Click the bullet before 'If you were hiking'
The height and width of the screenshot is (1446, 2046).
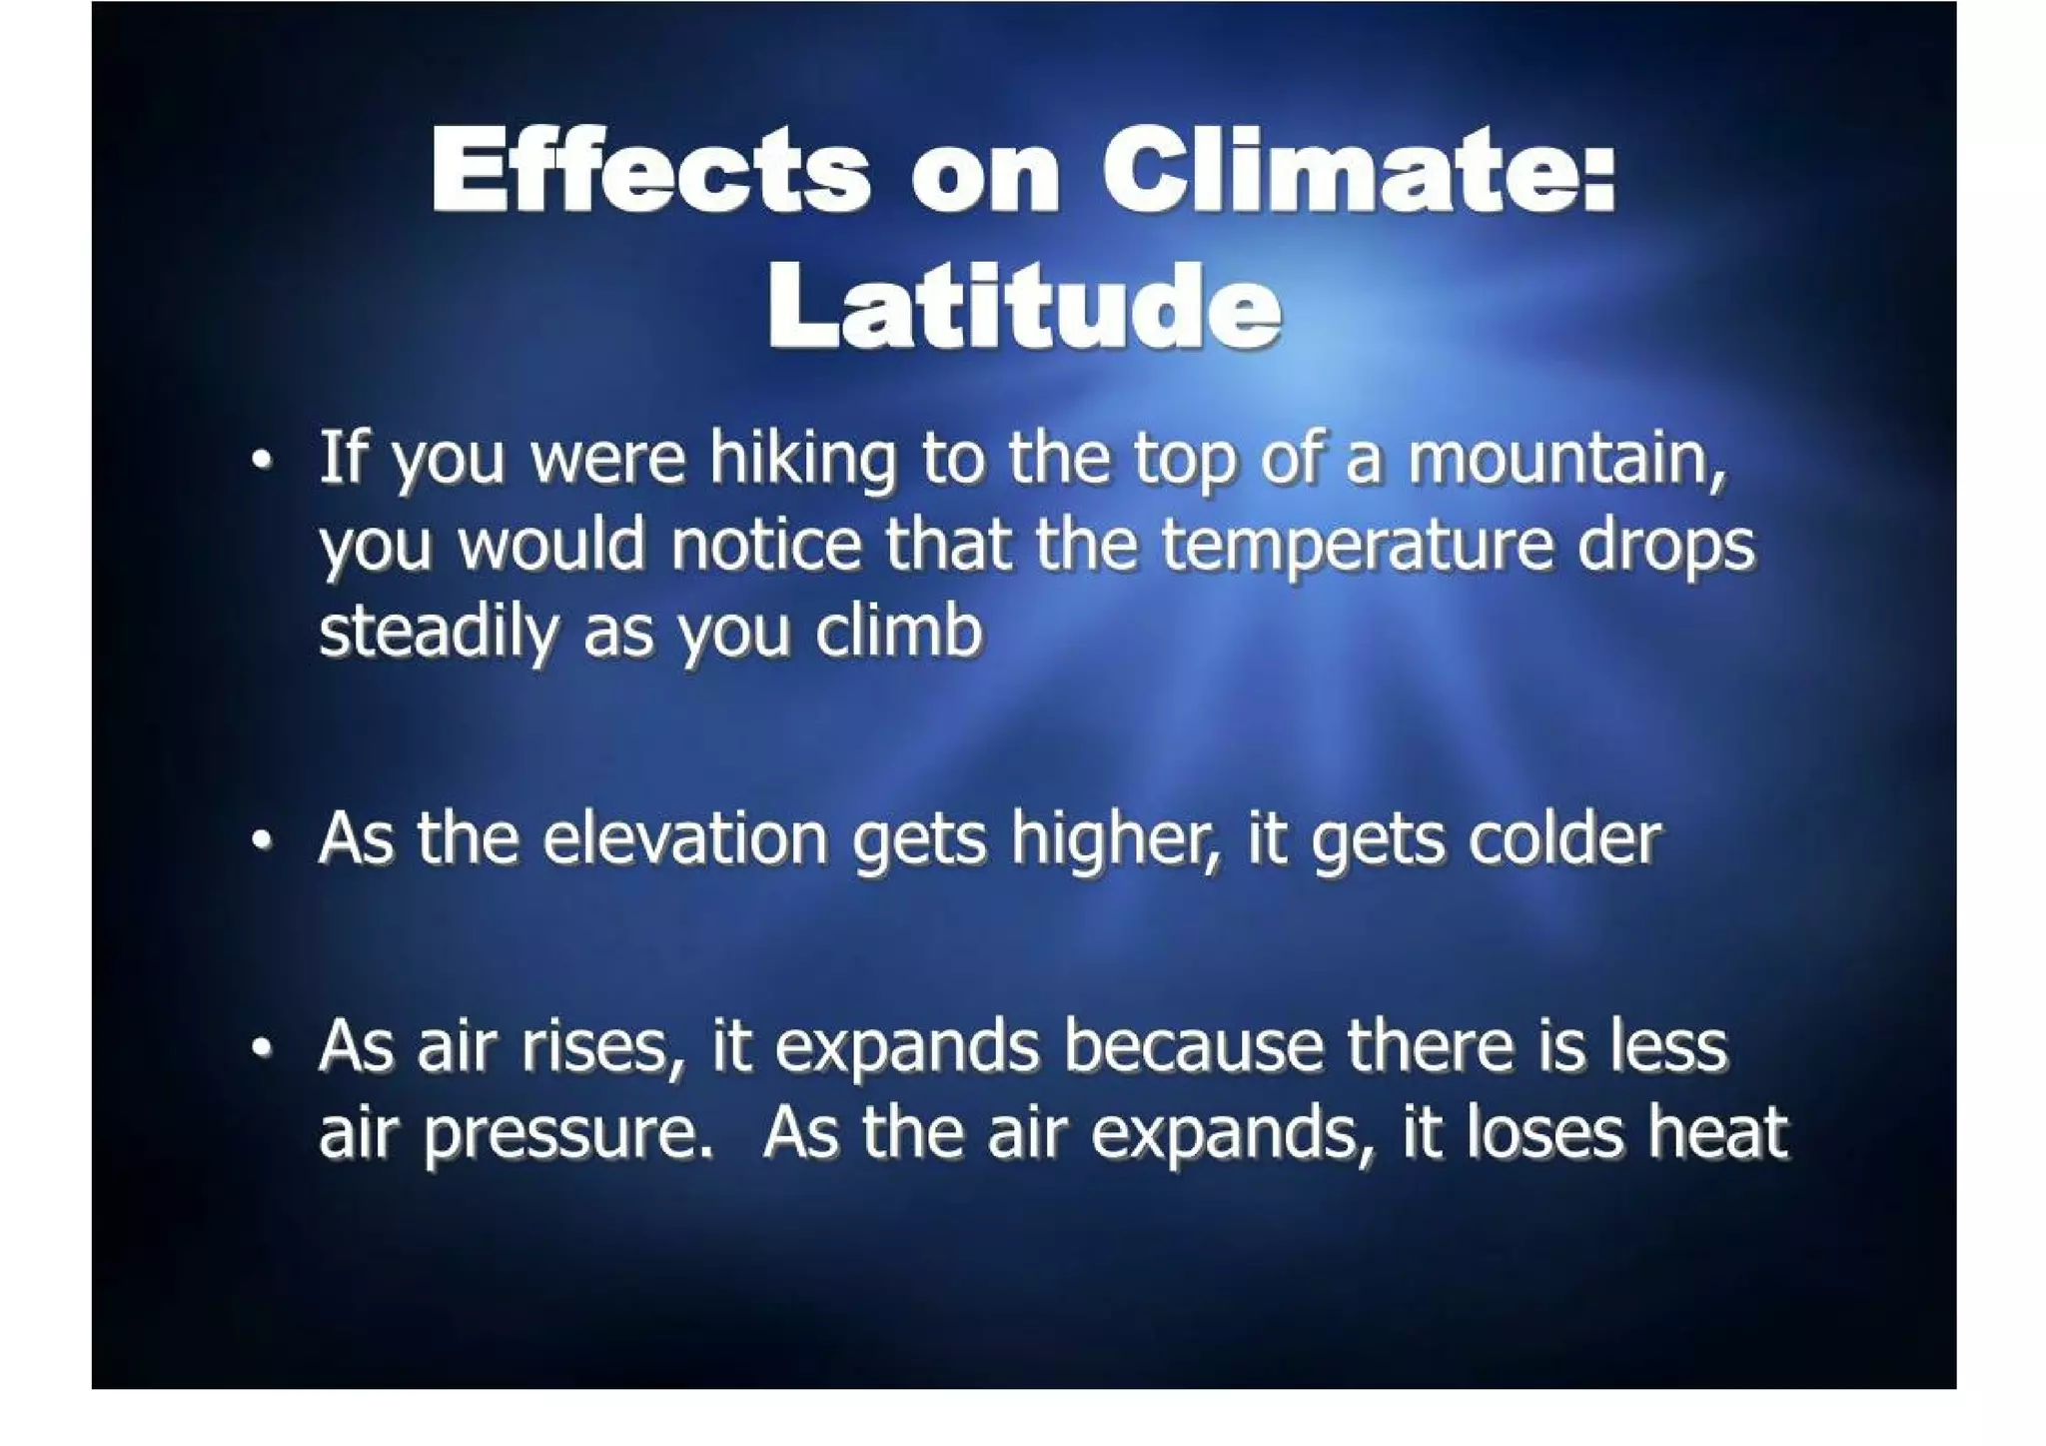click(262, 462)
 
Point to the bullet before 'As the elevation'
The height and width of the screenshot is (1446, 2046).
click(262, 841)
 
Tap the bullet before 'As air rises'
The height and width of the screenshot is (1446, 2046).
click(262, 1048)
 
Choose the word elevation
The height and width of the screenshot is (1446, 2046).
click(685, 838)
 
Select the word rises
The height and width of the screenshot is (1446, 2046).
click(601, 1048)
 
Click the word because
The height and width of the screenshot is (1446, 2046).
click(1193, 1046)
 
